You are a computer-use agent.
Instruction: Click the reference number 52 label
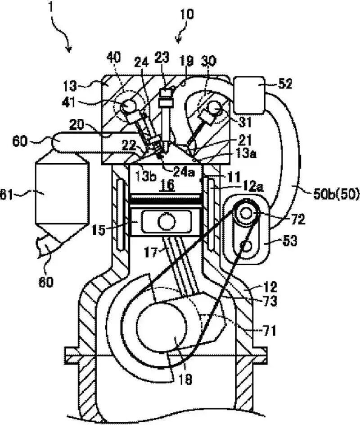(284, 84)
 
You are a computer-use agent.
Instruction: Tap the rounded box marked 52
(249, 95)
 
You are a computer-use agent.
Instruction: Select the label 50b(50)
(336, 195)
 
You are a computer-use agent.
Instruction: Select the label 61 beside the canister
(6, 195)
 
